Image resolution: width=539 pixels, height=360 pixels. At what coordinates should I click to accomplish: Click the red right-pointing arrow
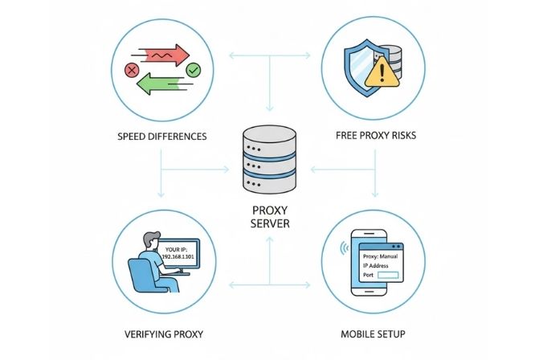tap(161, 54)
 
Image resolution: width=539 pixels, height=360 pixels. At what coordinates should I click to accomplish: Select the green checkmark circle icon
tap(193, 72)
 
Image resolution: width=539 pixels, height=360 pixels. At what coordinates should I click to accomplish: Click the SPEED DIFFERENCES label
tap(161, 137)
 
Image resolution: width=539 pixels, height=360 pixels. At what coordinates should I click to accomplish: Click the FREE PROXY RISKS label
tap(376, 137)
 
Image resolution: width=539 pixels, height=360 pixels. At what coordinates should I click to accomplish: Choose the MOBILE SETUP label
tap(376, 331)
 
